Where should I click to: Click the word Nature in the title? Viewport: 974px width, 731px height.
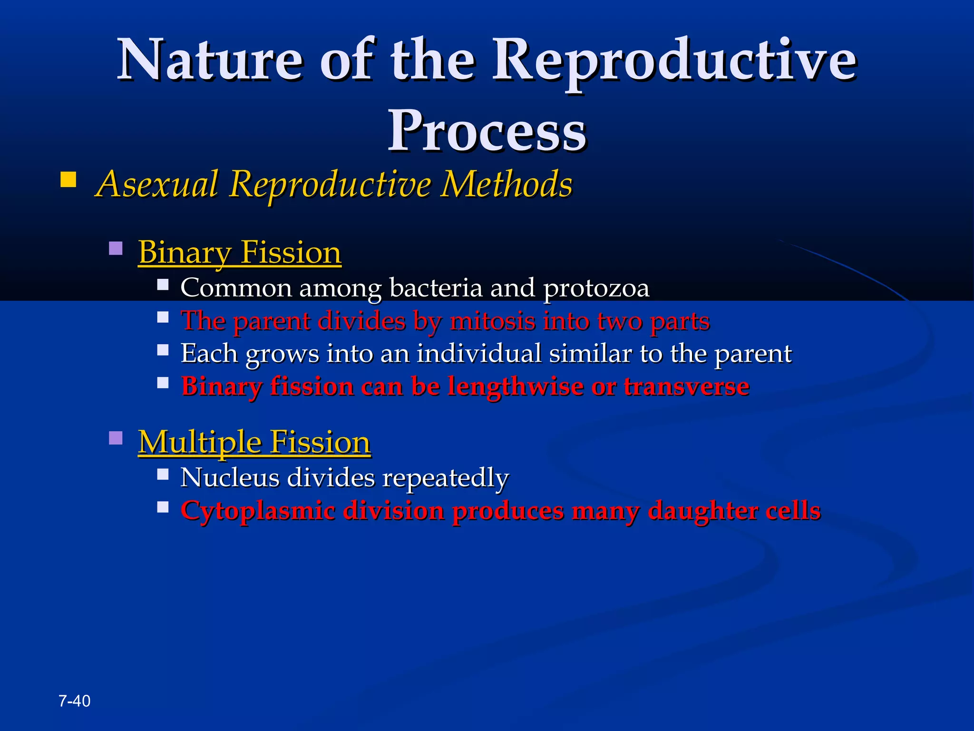pyautogui.click(x=210, y=60)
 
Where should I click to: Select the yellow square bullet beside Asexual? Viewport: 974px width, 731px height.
pyautogui.click(x=68, y=180)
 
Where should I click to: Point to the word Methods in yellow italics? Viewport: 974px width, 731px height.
pyautogui.click(x=506, y=184)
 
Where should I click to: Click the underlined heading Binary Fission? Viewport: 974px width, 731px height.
pyautogui.click(x=240, y=252)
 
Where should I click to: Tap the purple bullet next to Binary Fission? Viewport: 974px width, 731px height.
pyautogui.click(x=116, y=248)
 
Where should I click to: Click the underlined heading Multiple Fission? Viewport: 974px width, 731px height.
pyautogui.click(x=254, y=442)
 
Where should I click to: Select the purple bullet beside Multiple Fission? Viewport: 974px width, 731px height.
pyautogui.click(x=116, y=438)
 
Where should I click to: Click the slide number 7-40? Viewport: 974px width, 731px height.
pyautogui.click(x=75, y=701)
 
